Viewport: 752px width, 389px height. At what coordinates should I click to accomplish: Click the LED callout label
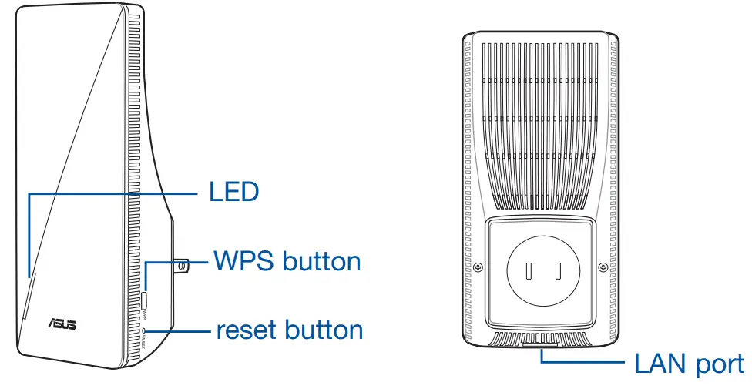coord(233,191)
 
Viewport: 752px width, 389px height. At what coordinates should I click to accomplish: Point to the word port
coord(720,364)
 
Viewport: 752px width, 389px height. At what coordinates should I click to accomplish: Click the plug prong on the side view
coord(180,266)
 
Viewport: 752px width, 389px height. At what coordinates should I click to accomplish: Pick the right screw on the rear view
coord(603,268)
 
